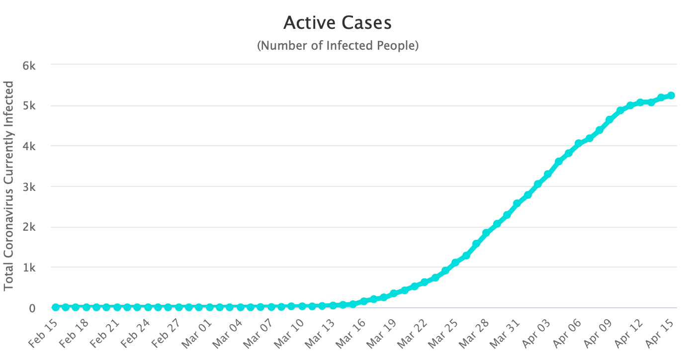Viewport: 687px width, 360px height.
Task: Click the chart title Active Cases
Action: tap(338, 23)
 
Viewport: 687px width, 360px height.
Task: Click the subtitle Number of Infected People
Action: tap(338, 46)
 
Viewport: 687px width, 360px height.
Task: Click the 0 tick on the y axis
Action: tap(32, 308)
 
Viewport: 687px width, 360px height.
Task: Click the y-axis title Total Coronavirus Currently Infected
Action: tap(9, 186)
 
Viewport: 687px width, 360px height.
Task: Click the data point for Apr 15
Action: tap(671, 95)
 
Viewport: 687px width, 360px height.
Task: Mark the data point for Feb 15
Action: tap(55, 307)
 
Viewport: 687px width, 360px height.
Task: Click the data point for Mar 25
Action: tap(455, 262)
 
